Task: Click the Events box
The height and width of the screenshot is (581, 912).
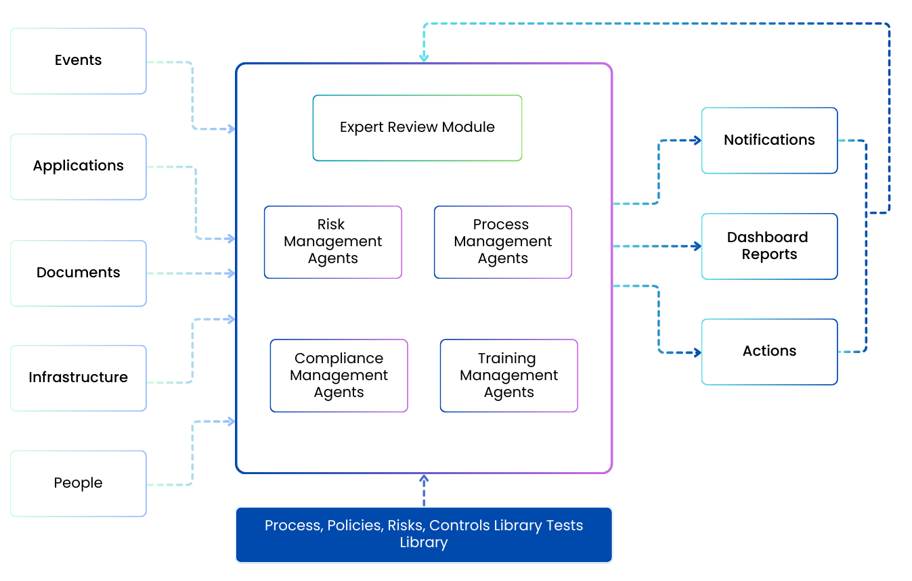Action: pyautogui.click(x=79, y=61)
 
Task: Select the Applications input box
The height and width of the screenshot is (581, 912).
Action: pyautogui.click(x=79, y=166)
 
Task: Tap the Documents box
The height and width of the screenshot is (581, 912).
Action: pyautogui.click(x=79, y=273)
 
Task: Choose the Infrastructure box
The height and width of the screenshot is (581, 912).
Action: pyautogui.click(x=79, y=378)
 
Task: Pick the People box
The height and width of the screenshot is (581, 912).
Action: pyautogui.click(x=79, y=484)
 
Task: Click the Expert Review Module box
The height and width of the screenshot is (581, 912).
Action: pyautogui.click(x=417, y=128)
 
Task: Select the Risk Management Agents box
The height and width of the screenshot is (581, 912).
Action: pyautogui.click(x=332, y=242)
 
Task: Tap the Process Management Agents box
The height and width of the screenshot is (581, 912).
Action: pyautogui.click(x=502, y=242)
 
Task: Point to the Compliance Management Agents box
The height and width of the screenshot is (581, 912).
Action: pyautogui.click(x=339, y=375)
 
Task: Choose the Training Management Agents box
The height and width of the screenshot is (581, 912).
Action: pyautogui.click(x=508, y=375)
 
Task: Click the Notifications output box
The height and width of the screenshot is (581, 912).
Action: pyautogui.click(x=769, y=141)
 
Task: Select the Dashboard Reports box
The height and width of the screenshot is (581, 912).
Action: pyautogui.click(x=769, y=246)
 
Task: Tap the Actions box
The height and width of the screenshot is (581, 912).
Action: pyautogui.click(x=769, y=352)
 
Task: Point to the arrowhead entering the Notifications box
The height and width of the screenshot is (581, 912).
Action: pyautogui.click(x=697, y=141)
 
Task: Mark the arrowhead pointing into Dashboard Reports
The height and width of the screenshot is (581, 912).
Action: pyautogui.click(x=697, y=246)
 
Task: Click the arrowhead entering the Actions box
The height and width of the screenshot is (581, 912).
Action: pyautogui.click(x=697, y=352)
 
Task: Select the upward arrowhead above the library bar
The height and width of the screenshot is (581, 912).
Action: pyautogui.click(x=424, y=478)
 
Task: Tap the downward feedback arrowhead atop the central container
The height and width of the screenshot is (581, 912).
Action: pyautogui.click(x=424, y=58)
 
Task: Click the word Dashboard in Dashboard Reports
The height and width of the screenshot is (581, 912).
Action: pyautogui.click(x=767, y=237)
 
